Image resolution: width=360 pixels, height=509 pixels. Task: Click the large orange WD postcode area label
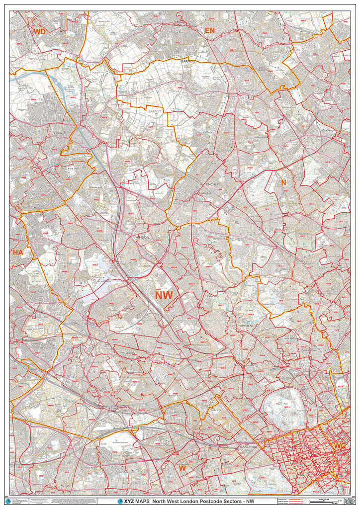click(39, 31)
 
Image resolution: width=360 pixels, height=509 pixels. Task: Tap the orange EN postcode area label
click(209, 31)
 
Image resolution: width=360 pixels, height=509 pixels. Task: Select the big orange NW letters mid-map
click(164, 295)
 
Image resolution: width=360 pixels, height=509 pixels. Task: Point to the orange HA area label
click(18, 253)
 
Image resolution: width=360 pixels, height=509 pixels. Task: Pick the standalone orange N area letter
click(283, 182)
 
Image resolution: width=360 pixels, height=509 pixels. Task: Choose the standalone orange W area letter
click(182, 468)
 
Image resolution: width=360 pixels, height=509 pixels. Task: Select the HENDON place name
click(143, 238)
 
